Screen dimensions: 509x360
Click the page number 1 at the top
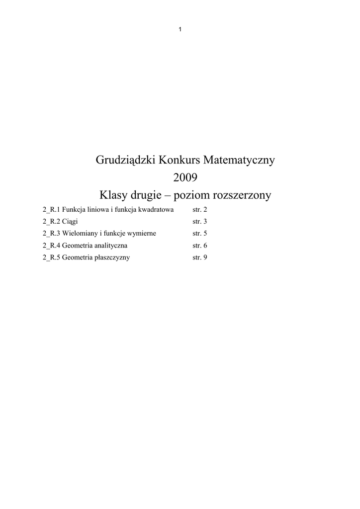[180, 29]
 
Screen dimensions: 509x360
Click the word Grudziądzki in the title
[125, 161]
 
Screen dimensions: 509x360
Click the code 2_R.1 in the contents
[51, 210]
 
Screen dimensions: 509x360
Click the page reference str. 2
[199, 210]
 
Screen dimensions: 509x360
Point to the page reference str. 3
[199, 222]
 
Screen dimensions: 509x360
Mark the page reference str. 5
[199, 234]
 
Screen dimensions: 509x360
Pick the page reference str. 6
[199, 246]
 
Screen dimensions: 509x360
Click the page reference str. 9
[199, 257]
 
